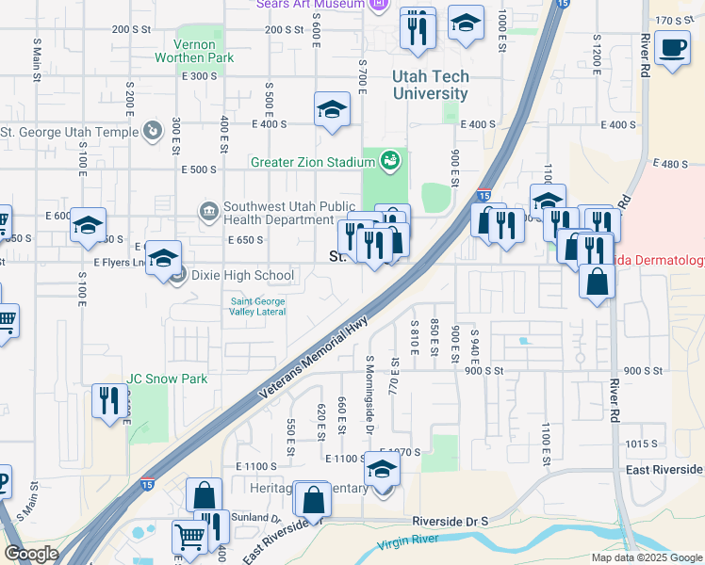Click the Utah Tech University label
pos(431,86)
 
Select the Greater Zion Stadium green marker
pos(389,161)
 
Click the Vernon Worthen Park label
pos(204,51)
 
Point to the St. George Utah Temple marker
pos(153,132)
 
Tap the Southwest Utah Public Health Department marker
pos(209,209)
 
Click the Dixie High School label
pos(242,276)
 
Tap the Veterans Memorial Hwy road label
pos(313,362)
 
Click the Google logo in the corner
pos(31,554)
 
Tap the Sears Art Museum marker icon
pos(379,5)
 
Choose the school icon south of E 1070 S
pos(382,468)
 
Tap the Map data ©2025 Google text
pos(647,557)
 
